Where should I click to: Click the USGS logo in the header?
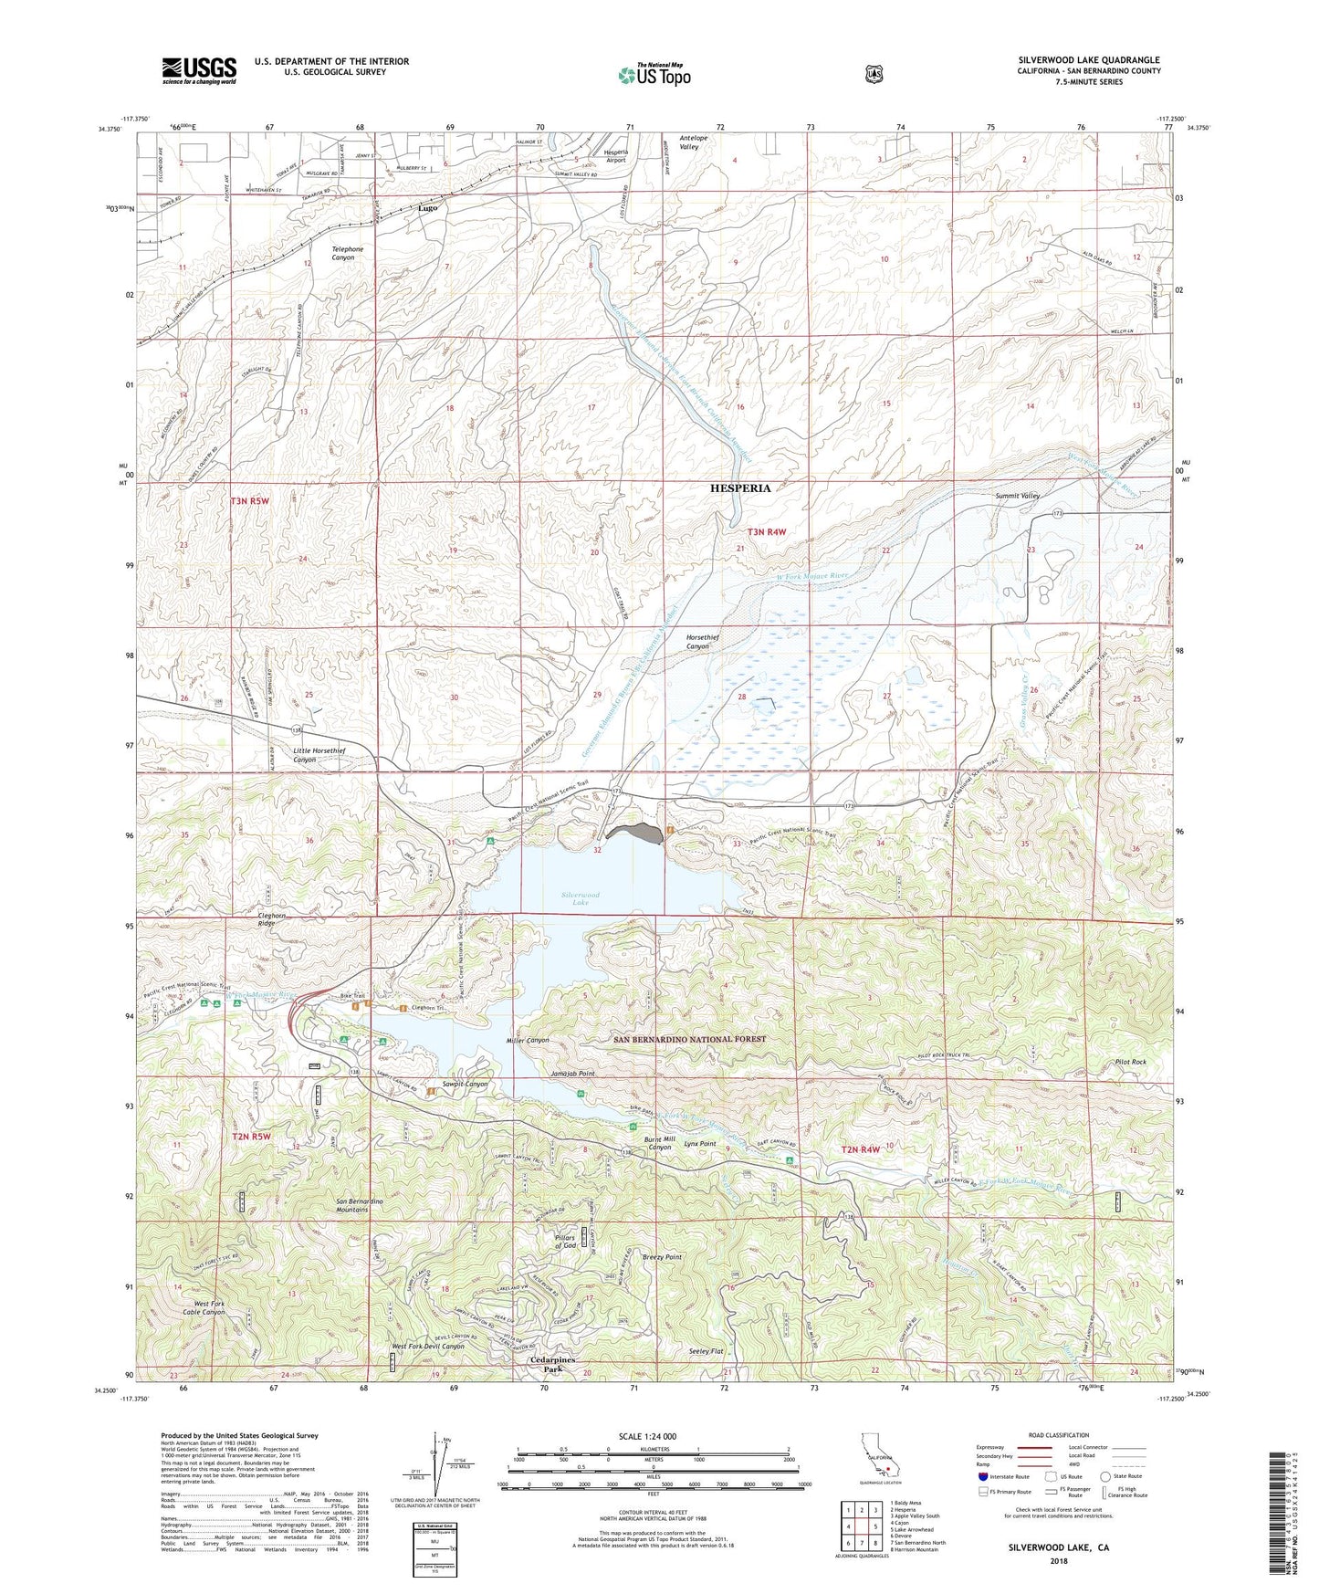[199, 69]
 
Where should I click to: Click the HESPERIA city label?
[740, 488]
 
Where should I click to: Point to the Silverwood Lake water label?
[581, 899]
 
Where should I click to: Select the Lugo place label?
[427, 208]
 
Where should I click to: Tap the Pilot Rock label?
[1130, 1063]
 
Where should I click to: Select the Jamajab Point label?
[572, 1074]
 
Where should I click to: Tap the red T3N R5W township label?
[250, 501]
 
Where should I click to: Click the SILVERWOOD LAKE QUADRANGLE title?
[1089, 60]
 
